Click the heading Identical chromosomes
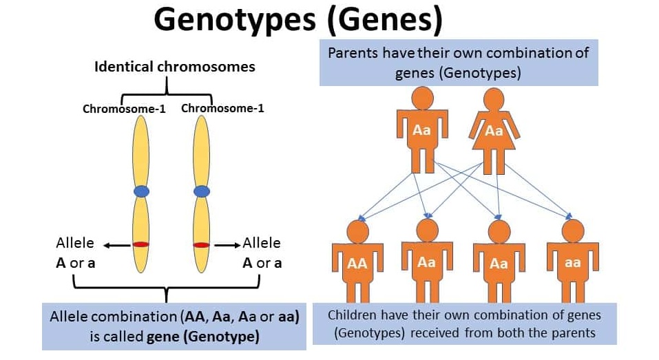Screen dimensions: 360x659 (175, 67)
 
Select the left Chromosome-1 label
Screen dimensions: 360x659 (124, 109)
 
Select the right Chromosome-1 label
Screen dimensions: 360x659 (222, 108)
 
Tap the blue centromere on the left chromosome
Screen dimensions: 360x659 (141, 191)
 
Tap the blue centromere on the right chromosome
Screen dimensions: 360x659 (201, 191)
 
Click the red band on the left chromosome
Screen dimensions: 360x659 (141, 244)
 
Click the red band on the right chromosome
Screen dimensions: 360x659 (201, 244)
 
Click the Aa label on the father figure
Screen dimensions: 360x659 (422, 129)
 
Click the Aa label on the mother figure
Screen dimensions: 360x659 (494, 130)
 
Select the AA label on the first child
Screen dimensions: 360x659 (357, 263)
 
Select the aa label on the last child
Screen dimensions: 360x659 (572, 262)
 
